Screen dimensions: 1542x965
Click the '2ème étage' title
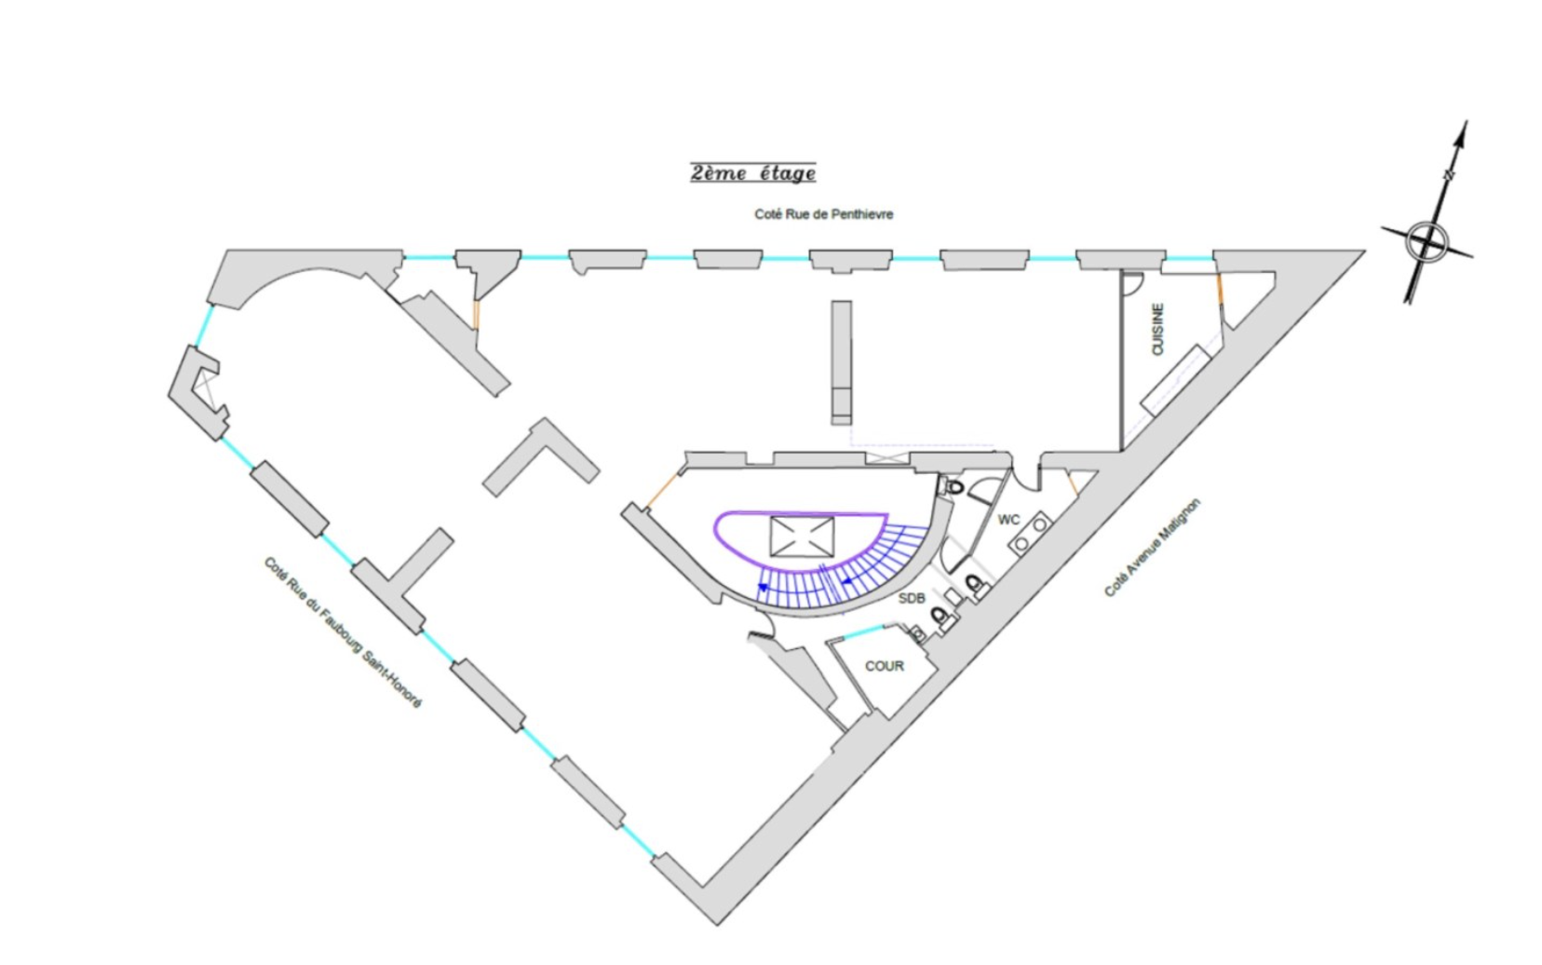[753, 172]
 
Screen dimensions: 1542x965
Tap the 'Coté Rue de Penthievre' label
[823, 214]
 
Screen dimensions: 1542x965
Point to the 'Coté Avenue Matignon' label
[1153, 548]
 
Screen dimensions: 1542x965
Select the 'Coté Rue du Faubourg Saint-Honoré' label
[342, 632]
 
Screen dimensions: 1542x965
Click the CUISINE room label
[1157, 329]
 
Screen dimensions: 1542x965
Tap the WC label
[1008, 520]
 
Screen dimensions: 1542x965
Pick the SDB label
[912, 599]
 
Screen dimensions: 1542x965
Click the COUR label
[885, 666]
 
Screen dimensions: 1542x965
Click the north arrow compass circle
[1427, 241]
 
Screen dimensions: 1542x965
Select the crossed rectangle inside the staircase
[802, 536]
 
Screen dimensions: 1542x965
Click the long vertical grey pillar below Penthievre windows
[841, 362]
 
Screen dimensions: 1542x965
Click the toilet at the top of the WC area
[954, 487]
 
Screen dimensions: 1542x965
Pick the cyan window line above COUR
[863, 632]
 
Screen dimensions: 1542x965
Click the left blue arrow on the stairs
[762, 588]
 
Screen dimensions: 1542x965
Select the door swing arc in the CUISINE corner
[1133, 284]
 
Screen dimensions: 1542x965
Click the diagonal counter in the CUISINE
[1176, 381]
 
